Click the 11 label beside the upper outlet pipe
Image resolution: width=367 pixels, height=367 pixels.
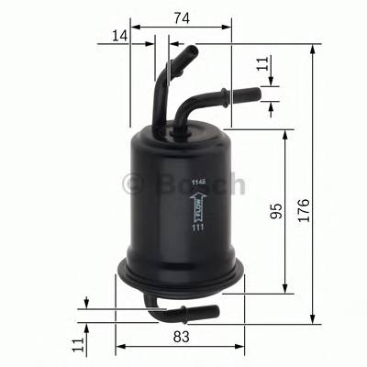pos(264,64)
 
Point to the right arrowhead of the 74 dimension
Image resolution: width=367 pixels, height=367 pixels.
pos(228,28)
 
